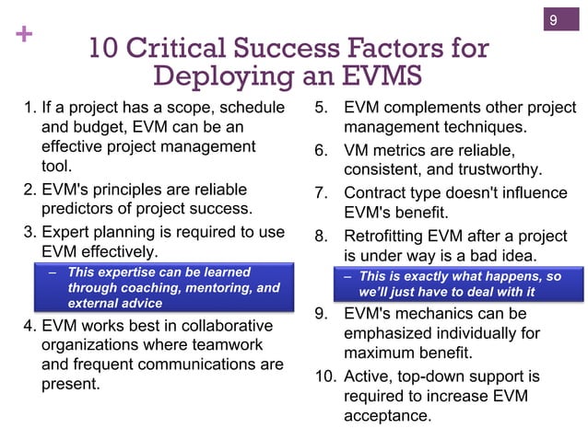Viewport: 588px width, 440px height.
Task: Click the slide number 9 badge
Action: (x=554, y=19)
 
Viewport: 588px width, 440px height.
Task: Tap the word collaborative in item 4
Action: (x=216, y=325)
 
